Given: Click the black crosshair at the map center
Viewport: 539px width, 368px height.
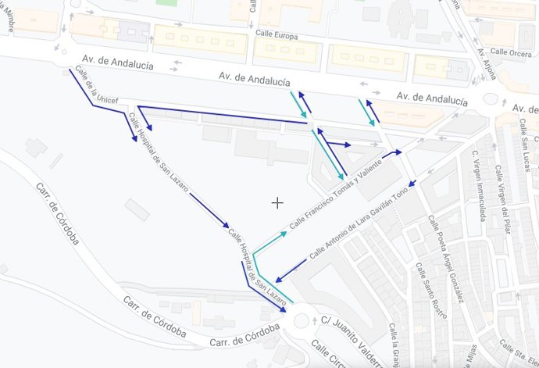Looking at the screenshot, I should (277, 203).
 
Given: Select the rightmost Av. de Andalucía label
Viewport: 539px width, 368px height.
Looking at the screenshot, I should (431, 98).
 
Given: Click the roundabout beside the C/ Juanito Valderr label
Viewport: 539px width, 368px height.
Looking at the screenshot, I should (300, 321).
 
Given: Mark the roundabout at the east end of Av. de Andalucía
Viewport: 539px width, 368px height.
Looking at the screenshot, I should (491, 99).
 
